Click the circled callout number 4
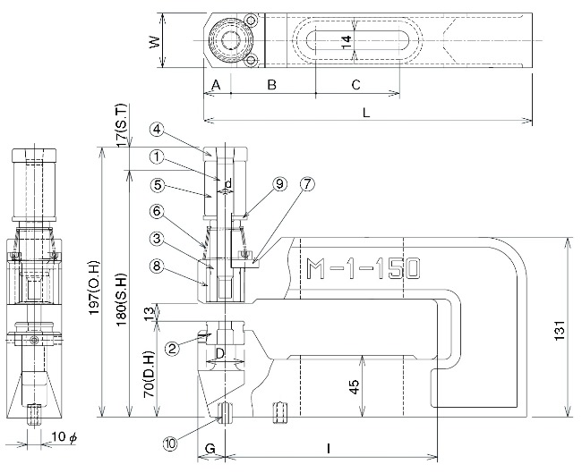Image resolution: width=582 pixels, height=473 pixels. [x=157, y=129]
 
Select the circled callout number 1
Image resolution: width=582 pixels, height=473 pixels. [x=157, y=156]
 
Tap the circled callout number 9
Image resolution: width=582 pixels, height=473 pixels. [x=279, y=184]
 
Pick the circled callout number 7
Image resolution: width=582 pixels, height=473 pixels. [x=307, y=184]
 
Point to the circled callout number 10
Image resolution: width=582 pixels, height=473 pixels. [x=170, y=443]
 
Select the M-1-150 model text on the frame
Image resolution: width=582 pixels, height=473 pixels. [x=363, y=268]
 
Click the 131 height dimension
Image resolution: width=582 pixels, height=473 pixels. [x=560, y=330]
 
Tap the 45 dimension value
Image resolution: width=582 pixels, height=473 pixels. [x=355, y=386]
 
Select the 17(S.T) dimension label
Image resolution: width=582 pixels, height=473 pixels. [x=122, y=125]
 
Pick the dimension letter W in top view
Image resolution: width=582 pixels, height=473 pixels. [x=155, y=41]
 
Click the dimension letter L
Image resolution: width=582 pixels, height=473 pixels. [x=366, y=113]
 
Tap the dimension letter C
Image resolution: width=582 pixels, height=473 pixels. [x=355, y=85]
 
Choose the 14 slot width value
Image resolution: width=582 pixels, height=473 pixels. [x=346, y=41]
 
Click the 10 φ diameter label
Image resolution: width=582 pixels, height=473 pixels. [x=64, y=437]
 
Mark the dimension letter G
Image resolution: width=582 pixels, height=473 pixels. [x=210, y=449]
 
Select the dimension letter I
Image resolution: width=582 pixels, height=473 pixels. [x=329, y=449]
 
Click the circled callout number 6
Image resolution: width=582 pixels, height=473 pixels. [x=157, y=211]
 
